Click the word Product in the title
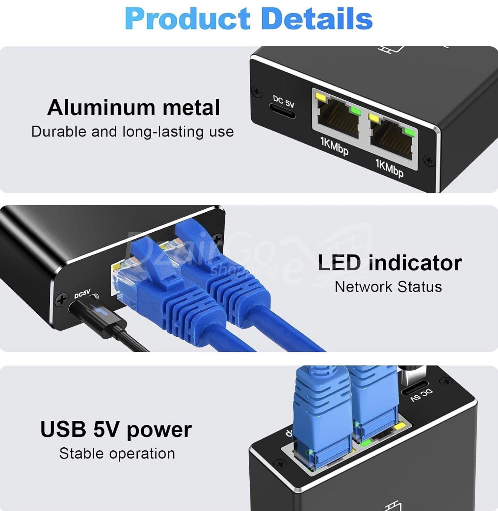point(187,19)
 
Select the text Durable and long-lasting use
point(132,132)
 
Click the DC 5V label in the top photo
point(283,101)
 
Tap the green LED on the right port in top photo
point(408,132)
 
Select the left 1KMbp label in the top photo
point(334,147)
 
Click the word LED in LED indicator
point(339,262)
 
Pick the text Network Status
point(388,287)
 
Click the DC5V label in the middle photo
point(82,293)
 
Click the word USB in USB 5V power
point(63,429)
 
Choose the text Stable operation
point(117,453)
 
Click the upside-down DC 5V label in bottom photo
point(422,395)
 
